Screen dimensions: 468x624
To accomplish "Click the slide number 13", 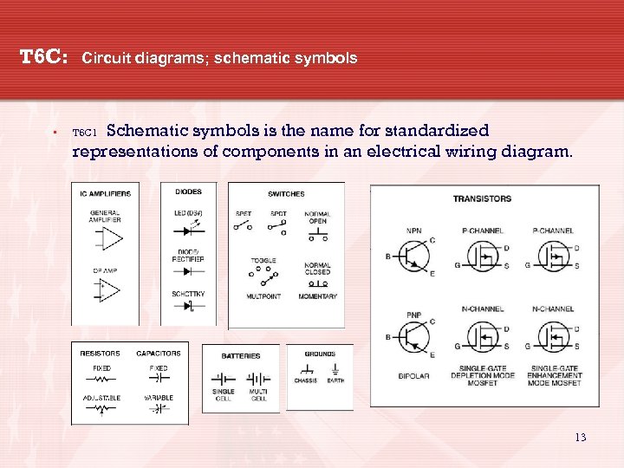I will tap(581, 438).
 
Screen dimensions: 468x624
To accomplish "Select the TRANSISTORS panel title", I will tap(482, 198).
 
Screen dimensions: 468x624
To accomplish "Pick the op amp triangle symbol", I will tap(107, 291).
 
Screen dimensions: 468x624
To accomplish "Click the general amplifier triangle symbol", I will tap(107, 237).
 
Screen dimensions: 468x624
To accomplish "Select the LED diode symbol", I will tap(186, 232).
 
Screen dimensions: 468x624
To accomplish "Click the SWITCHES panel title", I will tap(285, 193).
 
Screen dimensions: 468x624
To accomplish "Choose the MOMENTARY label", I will tap(318, 296).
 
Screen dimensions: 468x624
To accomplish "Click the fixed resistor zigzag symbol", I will tap(101, 379).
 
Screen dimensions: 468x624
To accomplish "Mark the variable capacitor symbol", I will tap(158, 408).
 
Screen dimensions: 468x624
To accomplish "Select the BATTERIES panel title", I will tap(240, 355).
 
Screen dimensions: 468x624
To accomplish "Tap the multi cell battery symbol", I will tap(258, 379).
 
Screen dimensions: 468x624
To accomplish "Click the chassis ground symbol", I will tap(305, 371).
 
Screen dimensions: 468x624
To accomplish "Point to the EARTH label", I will tap(335, 380).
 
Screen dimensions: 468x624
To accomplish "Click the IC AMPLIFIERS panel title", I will tap(106, 193).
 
